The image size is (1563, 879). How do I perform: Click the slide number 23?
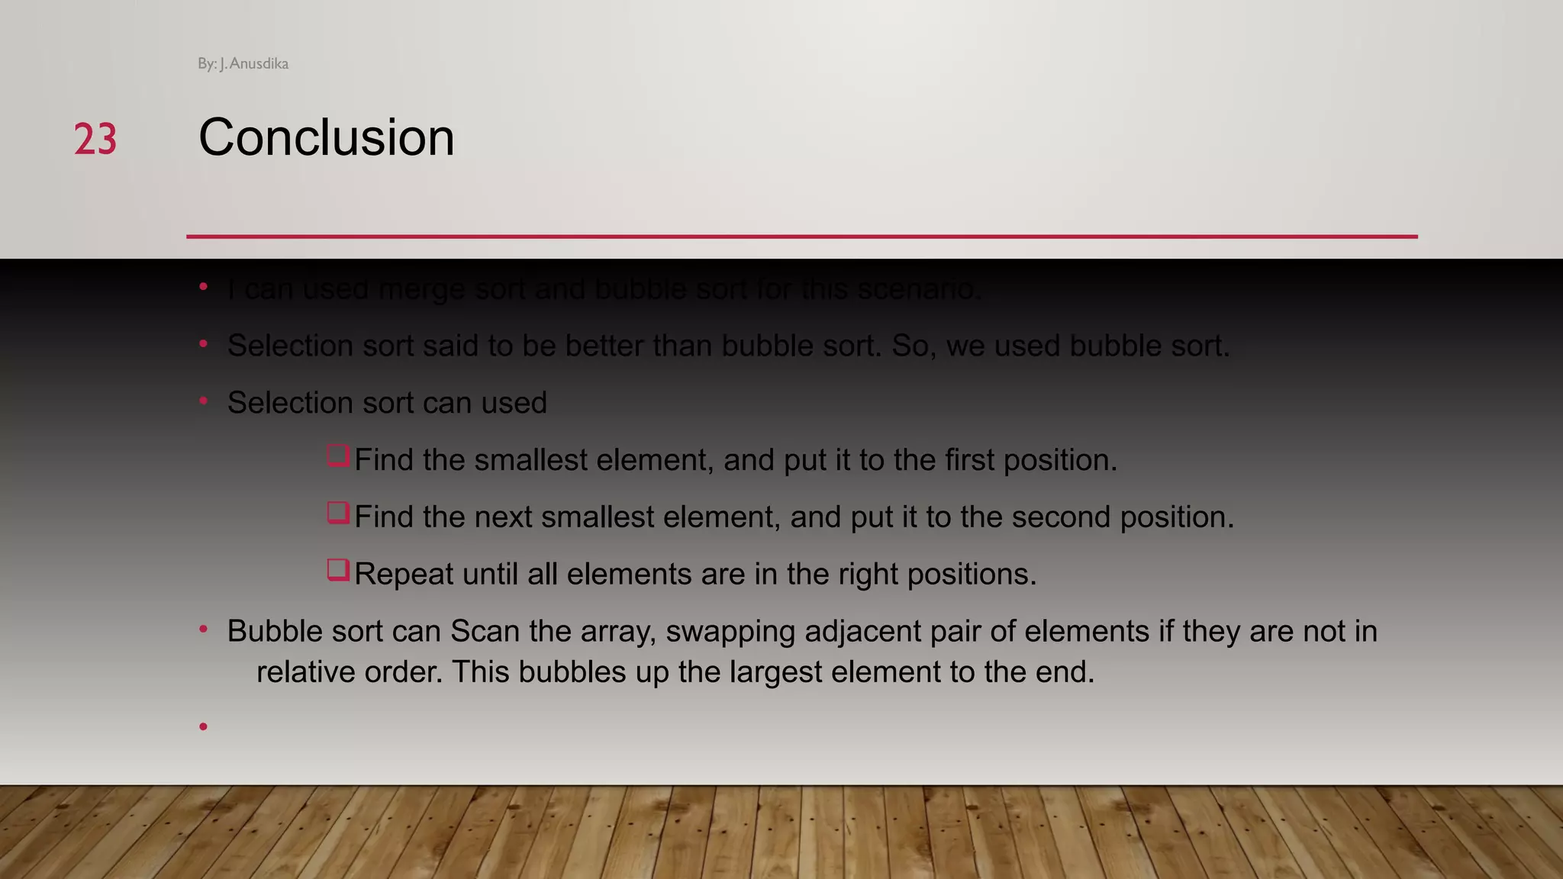95,140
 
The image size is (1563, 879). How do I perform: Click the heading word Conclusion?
326,138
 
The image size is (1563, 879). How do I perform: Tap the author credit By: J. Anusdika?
243,64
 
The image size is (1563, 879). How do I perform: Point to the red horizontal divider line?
801,237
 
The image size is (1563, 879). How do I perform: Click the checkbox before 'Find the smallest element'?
338,456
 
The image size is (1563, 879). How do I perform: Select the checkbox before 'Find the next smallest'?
338,513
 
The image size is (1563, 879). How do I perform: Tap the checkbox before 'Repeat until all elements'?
338,570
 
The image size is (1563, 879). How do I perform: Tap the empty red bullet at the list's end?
203,726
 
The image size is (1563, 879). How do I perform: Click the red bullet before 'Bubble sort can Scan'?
203,630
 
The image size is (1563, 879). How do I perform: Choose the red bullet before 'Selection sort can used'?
203,401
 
